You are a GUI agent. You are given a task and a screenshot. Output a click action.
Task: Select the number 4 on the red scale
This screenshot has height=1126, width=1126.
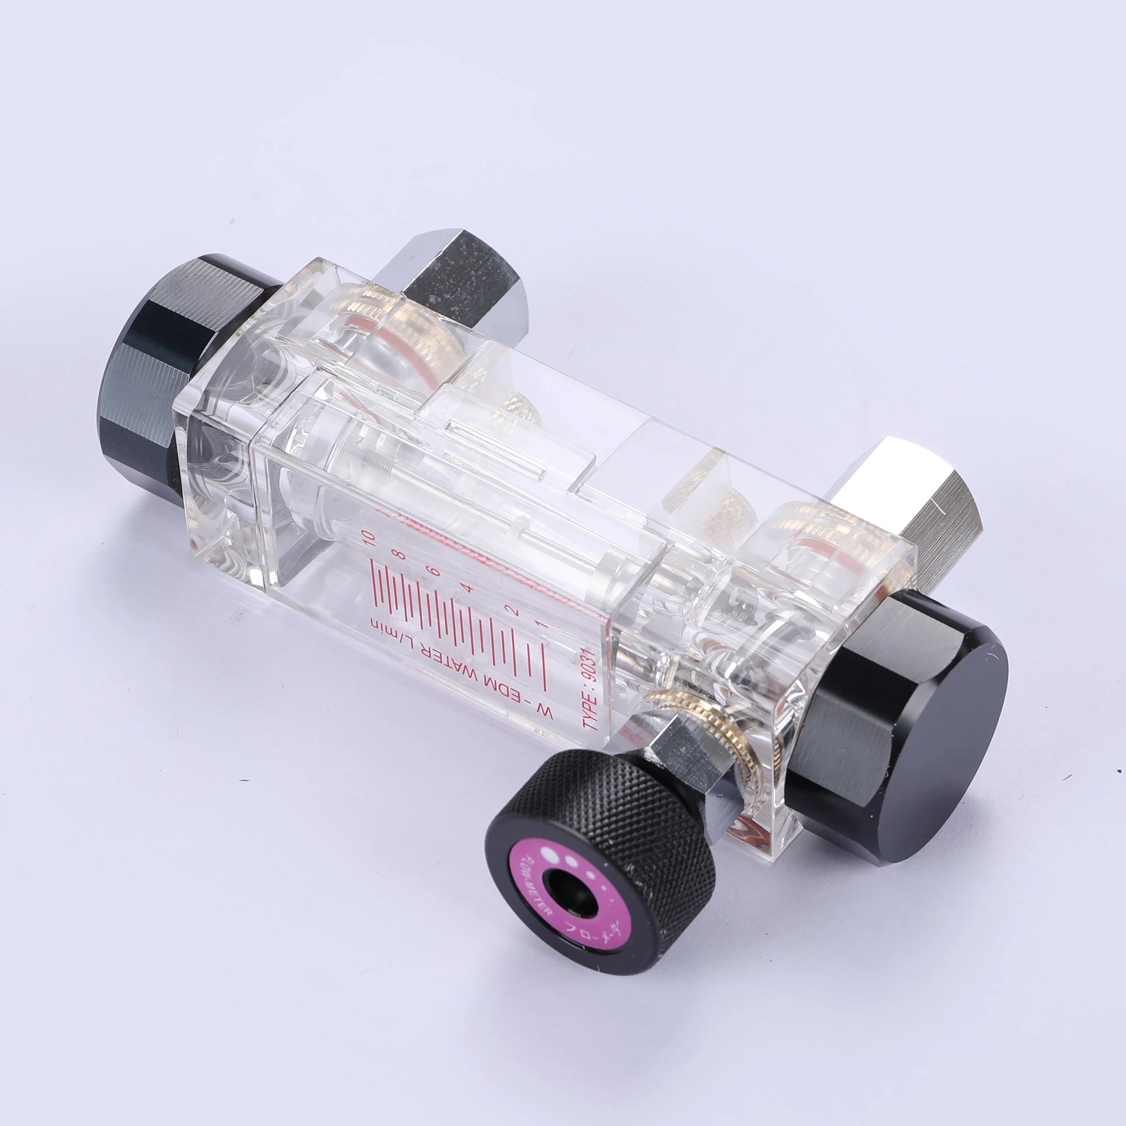tap(468, 589)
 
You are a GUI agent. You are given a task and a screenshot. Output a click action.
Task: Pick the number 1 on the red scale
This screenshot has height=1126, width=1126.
tap(541, 625)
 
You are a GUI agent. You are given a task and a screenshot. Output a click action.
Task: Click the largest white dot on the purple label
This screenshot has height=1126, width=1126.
tap(548, 854)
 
